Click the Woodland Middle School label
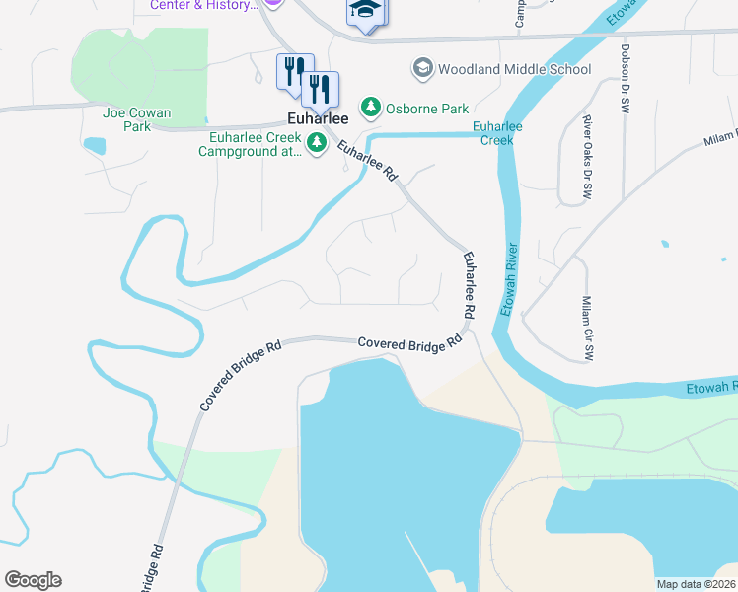point(514,69)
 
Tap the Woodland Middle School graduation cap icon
point(422,68)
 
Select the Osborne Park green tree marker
point(371,106)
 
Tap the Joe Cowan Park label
point(126,119)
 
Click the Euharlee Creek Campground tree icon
point(317,144)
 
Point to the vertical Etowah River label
point(509,278)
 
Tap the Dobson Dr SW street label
point(625,77)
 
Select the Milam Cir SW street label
point(586,328)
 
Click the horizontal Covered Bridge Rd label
point(409,342)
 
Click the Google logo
point(33,580)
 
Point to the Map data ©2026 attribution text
point(696,584)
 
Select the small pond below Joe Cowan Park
point(95,146)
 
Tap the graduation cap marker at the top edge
point(365,12)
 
